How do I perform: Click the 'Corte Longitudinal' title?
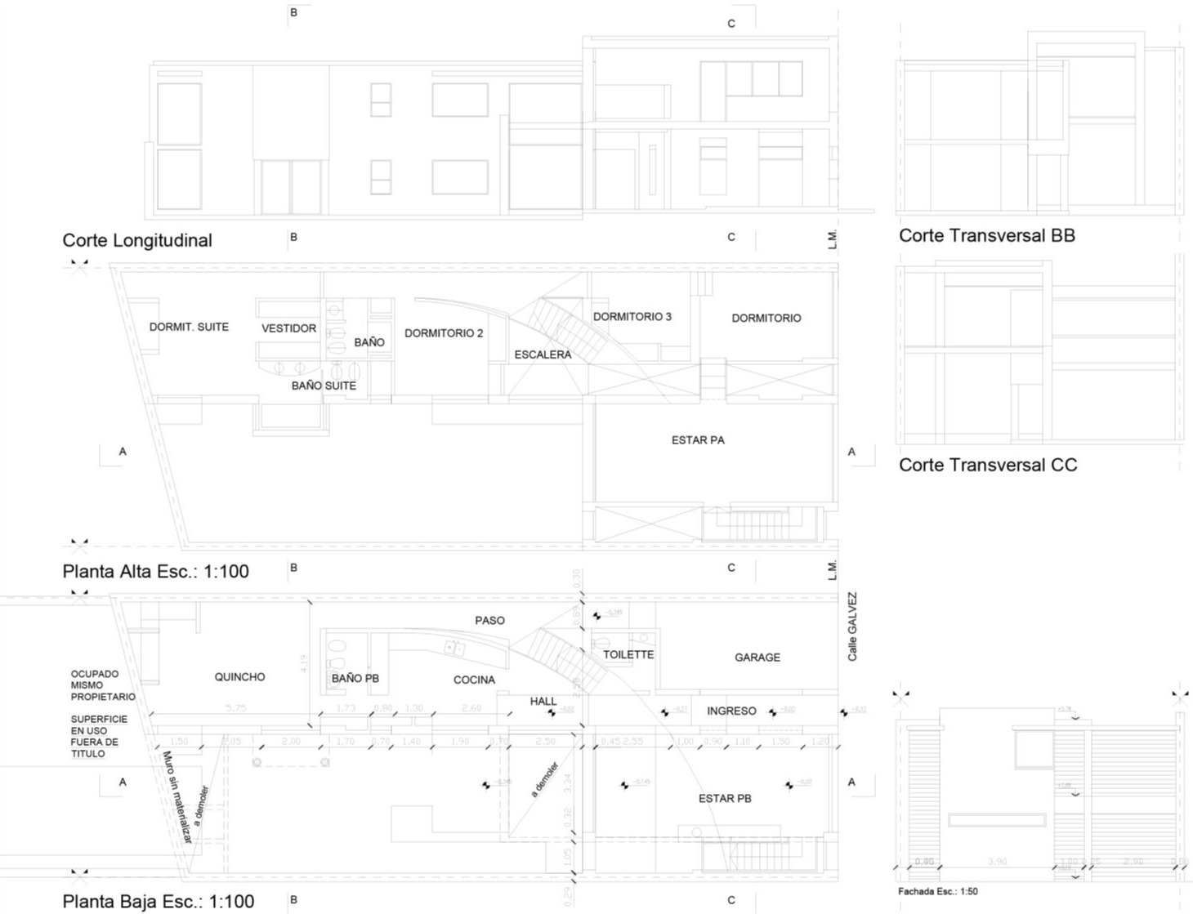[x=137, y=240]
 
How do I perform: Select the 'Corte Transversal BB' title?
[x=986, y=235]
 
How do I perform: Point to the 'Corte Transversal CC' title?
[x=987, y=465]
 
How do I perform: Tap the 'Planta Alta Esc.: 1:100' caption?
[x=155, y=571]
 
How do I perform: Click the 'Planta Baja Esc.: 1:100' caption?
[x=158, y=901]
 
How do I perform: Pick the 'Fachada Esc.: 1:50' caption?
[x=937, y=891]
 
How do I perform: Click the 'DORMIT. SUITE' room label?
[x=189, y=327]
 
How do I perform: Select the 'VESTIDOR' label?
[x=288, y=328]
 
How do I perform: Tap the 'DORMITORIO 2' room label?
[x=444, y=333]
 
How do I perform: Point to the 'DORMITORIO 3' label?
[x=632, y=316]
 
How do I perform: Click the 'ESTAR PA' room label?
[x=698, y=440]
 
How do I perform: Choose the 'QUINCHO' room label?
[x=239, y=677]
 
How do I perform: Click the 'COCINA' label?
[x=474, y=680]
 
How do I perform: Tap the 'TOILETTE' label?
[x=628, y=654]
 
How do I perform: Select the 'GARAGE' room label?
[x=757, y=657]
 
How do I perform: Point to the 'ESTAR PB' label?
[x=724, y=798]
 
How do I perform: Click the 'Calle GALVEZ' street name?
[x=852, y=626]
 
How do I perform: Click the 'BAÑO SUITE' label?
[x=324, y=386]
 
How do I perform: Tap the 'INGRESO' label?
[x=731, y=711]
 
